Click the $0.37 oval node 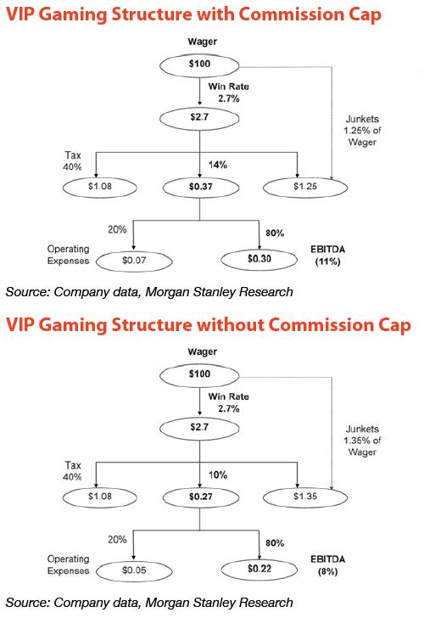(201, 187)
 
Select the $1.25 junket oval (305, 187)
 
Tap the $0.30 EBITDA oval (259, 259)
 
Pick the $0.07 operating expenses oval (134, 261)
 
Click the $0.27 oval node (201, 497)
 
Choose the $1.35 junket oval (305, 497)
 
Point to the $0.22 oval (259, 569)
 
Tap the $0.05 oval (134, 570)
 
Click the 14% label (218, 165)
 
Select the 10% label (218, 475)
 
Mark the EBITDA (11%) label (327, 256)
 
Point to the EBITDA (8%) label (327, 565)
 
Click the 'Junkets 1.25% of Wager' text (362, 131)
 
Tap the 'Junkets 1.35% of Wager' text (362, 441)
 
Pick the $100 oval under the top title (199, 65)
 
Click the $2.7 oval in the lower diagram (199, 428)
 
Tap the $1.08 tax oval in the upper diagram (99, 187)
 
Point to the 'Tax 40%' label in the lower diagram (72, 471)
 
